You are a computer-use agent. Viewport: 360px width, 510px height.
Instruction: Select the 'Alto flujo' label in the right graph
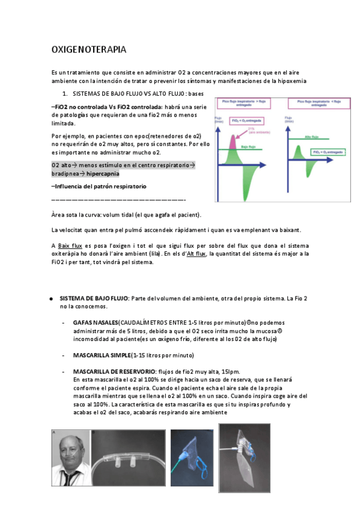311,137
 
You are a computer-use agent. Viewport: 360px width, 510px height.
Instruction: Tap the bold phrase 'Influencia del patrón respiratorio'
101,186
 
